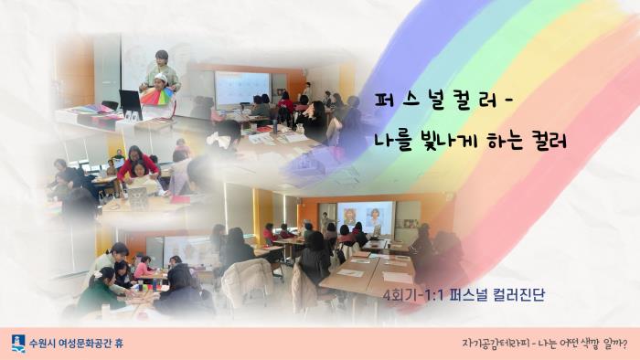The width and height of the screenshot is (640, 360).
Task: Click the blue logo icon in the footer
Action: point(18,343)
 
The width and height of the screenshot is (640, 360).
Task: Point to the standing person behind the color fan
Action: point(163,69)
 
